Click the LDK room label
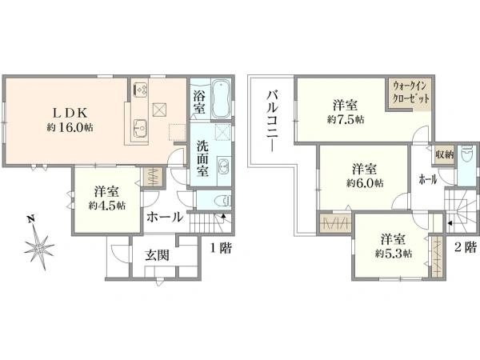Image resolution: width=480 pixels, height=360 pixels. click(70, 114)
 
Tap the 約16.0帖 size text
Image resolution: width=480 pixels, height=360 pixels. click(70, 127)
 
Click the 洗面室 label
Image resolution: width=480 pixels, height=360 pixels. click(202, 158)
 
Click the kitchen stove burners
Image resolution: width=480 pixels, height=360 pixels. click(141, 89)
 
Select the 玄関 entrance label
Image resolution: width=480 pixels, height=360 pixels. click(157, 255)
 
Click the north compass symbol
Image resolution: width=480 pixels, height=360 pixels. click(38, 244)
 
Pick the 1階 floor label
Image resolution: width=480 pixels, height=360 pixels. click(221, 248)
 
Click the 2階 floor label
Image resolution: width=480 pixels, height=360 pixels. click(466, 247)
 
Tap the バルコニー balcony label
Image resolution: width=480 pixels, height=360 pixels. click(272, 121)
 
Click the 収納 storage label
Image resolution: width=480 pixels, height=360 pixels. click(444, 155)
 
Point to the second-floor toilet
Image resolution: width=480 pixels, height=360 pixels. click(467, 155)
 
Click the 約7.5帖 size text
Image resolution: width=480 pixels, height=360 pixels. click(346, 119)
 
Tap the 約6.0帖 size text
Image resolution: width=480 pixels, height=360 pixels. click(365, 183)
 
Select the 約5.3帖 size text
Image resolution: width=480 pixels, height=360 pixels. click(394, 253)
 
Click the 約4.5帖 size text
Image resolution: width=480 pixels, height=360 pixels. click(107, 206)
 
